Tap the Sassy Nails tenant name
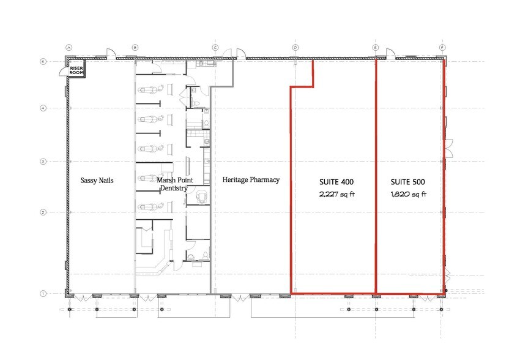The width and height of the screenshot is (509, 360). [x=97, y=181]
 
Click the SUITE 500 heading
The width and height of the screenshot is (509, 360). [x=408, y=182]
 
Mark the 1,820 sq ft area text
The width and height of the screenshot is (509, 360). [x=408, y=195]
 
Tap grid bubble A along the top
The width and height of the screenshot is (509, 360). [x=69, y=47]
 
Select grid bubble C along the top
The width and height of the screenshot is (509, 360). [x=215, y=47]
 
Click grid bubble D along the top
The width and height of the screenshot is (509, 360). [x=295, y=47]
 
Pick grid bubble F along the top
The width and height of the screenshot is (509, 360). [x=442, y=47]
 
